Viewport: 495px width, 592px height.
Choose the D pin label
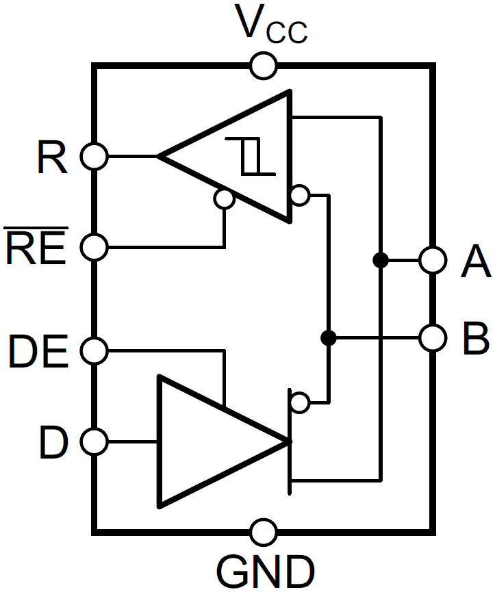[x=53, y=442]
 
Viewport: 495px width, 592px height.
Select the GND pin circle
[x=263, y=531]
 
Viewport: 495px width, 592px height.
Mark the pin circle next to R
[x=94, y=156]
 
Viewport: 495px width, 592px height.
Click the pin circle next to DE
[x=94, y=351]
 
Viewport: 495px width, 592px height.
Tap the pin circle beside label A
[x=433, y=260]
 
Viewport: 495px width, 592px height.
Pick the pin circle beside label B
[x=433, y=337]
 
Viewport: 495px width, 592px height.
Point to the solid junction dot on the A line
[x=380, y=260]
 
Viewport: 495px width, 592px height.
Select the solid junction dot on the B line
[x=329, y=337]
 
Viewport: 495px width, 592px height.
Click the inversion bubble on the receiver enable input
[x=224, y=198]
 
